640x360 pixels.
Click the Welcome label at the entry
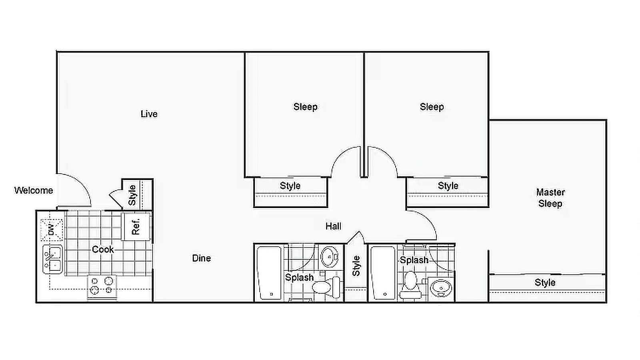(34, 190)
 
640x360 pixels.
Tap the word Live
(149, 114)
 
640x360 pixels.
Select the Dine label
(201, 258)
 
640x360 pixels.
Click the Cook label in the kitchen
(103, 250)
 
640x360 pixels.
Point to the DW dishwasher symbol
(52, 230)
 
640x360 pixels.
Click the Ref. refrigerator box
(136, 226)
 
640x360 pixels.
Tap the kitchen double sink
(53, 259)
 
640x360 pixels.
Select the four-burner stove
(102, 286)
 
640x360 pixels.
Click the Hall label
(333, 226)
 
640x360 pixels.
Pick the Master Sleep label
(550, 198)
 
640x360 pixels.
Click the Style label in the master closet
(545, 283)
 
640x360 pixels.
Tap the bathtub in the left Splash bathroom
(269, 273)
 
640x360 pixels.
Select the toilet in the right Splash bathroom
(410, 283)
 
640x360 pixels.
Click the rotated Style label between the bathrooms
(356, 266)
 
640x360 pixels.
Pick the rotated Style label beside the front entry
(132, 195)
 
